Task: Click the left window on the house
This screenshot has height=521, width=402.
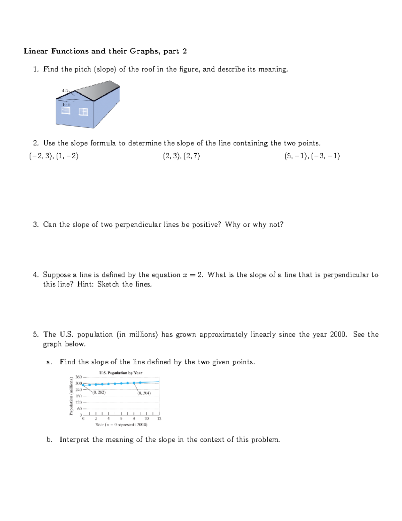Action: point(66,110)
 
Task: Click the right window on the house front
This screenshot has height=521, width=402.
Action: point(83,112)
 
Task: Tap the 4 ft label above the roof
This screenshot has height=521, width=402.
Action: point(65,91)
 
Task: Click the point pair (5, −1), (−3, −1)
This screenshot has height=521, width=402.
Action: point(312,156)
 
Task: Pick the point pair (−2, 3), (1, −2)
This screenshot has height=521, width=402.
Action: point(54,156)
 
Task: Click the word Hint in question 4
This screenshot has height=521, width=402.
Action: point(85,284)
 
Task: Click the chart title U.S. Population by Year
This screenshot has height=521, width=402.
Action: point(121,373)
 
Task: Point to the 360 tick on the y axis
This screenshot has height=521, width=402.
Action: point(79,377)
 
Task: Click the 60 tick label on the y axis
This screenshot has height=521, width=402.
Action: point(80,409)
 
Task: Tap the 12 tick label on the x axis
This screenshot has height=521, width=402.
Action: point(159,418)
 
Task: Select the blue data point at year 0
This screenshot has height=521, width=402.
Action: point(83,385)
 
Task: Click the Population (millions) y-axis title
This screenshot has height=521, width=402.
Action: point(71,396)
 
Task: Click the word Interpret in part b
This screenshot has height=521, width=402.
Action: point(74,439)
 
